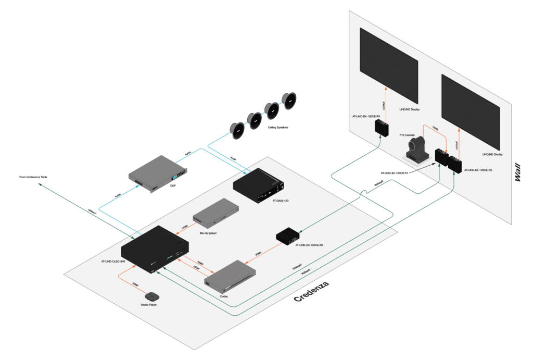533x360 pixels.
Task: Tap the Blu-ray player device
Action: click(216, 213)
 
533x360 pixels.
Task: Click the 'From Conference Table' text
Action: click(33, 177)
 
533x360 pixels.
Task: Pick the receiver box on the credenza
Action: click(287, 236)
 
